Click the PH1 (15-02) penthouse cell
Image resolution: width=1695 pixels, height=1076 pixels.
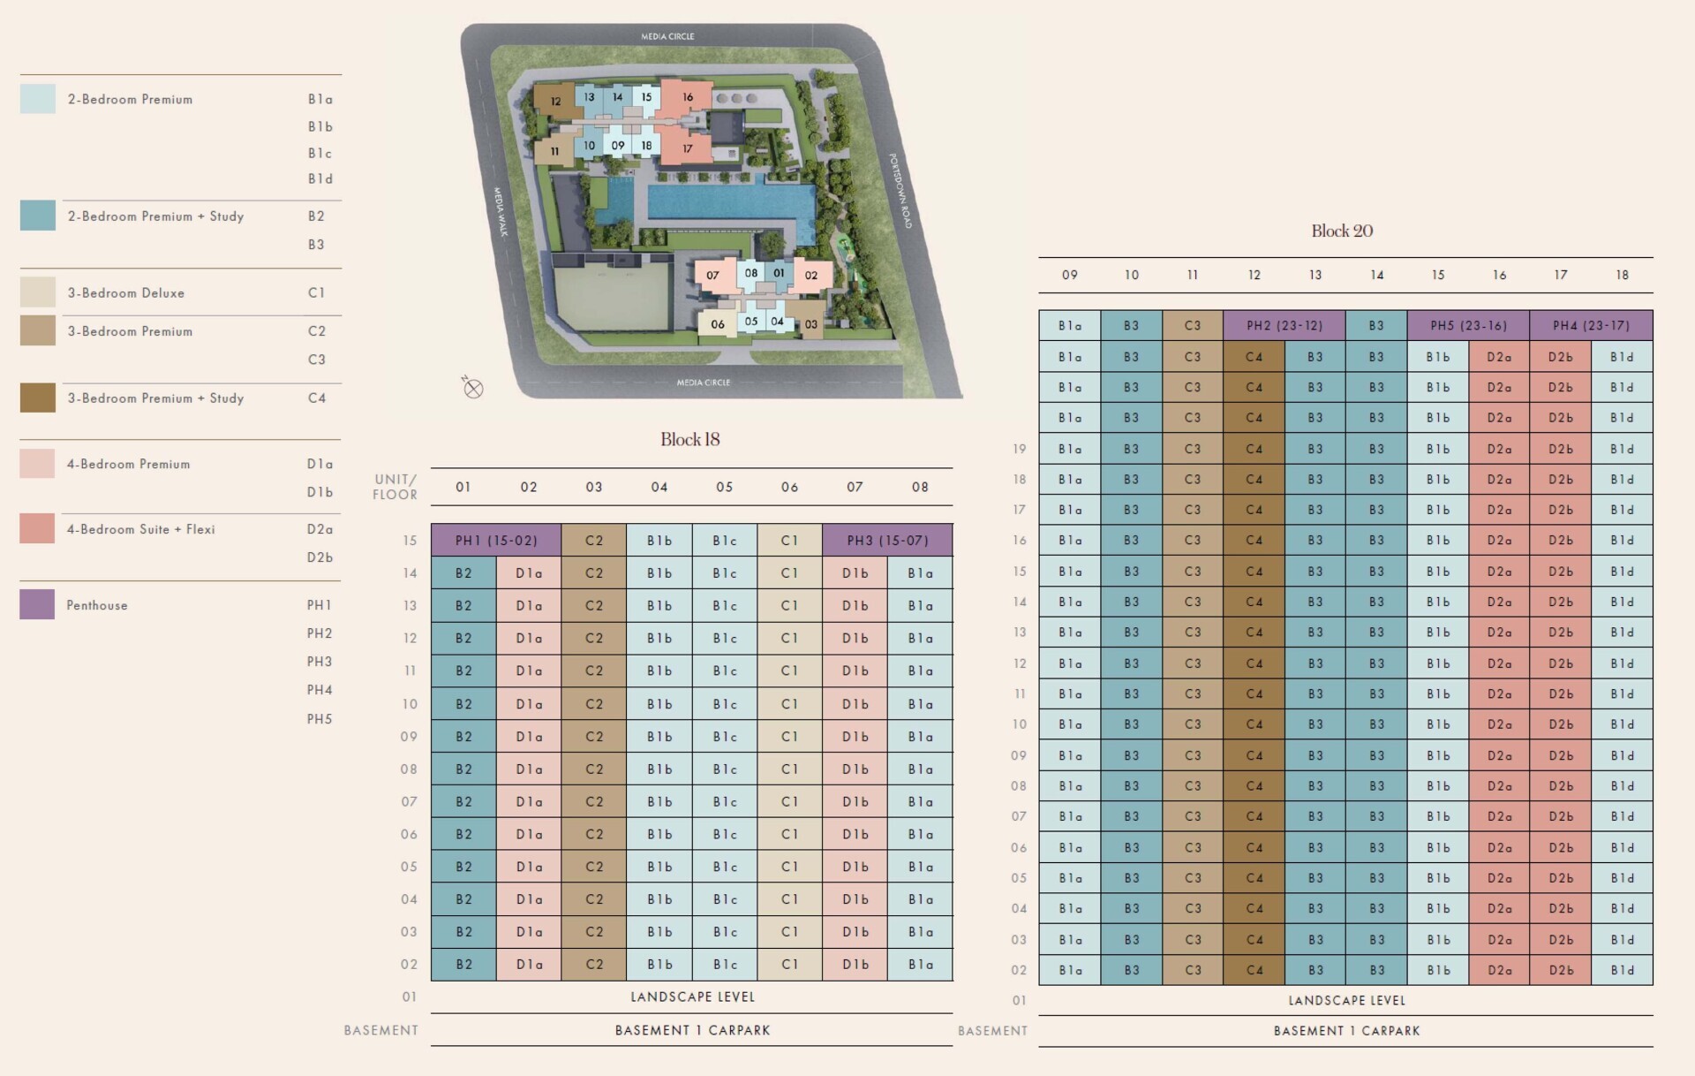tap(495, 541)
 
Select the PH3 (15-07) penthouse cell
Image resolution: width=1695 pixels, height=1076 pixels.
tap(887, 541)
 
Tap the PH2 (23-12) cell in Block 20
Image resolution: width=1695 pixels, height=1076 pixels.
tap(1284, 326)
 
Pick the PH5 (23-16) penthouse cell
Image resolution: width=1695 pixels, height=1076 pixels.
tap(1468, 326)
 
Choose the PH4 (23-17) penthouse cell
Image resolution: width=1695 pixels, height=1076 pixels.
tap(1591, 326)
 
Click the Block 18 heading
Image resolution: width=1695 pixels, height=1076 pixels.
tap(690, 440)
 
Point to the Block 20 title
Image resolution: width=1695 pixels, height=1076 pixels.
tap(1342, 231)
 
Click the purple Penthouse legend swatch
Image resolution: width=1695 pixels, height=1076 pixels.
tap(37, 605)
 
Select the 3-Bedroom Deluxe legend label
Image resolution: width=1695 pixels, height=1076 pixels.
tap(126, 293)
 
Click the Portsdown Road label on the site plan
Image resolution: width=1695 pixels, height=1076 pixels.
tap(900, 191)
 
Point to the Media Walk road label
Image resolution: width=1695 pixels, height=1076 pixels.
tap(500, 211)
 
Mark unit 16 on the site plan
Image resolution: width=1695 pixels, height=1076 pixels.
tap(688, 97)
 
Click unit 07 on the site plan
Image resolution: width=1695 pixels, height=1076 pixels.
tap(712, 275)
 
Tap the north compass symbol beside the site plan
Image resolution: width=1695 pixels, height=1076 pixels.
tap(473, 388)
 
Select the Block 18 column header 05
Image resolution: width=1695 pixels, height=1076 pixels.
tap(724, 488)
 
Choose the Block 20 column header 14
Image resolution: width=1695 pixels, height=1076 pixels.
tap(1376, 276)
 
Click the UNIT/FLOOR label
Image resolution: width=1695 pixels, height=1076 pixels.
tap(395, 487)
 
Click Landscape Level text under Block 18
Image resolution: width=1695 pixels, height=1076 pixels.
tap(692, 997)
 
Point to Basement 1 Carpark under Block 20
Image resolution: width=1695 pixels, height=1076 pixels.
tap(1346, 1031)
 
